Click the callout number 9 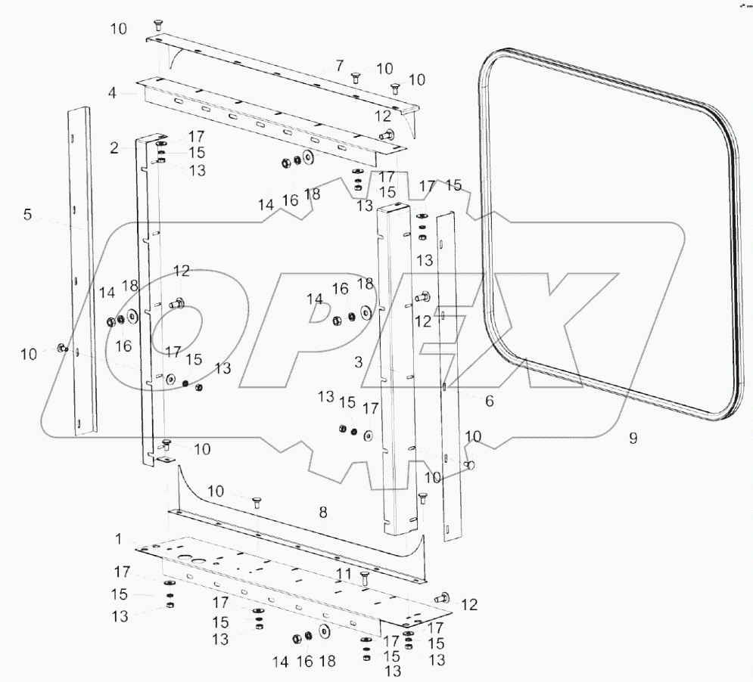pos(633,438)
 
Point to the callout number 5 pos(27,215)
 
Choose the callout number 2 pos(114,148)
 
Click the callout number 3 pos(359,362)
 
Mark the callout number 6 pos(489,401)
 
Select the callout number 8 pos(322,512)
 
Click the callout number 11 pos(345,575)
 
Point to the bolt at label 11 pos(366,579)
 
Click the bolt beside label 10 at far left pos(61,349)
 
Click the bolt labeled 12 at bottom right pos(440,597)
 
